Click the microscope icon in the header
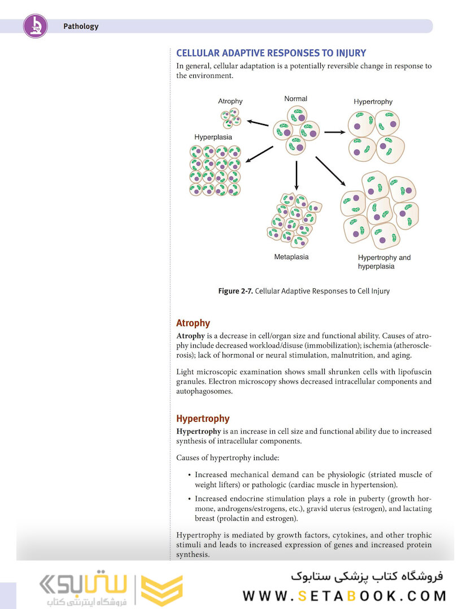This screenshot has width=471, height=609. (x=35, y=26)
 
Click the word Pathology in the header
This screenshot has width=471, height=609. (x=81, y=26)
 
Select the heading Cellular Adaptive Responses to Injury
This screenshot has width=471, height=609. (x=271, y=54)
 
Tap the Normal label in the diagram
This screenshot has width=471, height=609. (x=295, y=99)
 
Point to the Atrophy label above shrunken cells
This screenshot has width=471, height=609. (x=230, y=101)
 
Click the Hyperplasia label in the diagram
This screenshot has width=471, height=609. (x=213, y=137)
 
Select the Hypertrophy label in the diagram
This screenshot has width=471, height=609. (x=373, y=102)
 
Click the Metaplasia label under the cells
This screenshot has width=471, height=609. (x=291, y=257)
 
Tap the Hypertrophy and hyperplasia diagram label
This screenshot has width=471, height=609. (x=384, y=262)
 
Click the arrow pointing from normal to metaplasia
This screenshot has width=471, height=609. (x=296, y=175)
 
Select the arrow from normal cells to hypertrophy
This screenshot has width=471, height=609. (x=335, y=132)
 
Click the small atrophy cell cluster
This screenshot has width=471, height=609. (x=230, y=118)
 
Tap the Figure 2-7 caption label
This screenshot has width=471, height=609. (x=236, y=292)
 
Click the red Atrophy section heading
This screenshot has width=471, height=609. (x=193, y=323)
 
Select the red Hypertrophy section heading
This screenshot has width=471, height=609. (x=203, y=418)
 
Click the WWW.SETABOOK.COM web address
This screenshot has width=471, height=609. (x=344, y=596)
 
